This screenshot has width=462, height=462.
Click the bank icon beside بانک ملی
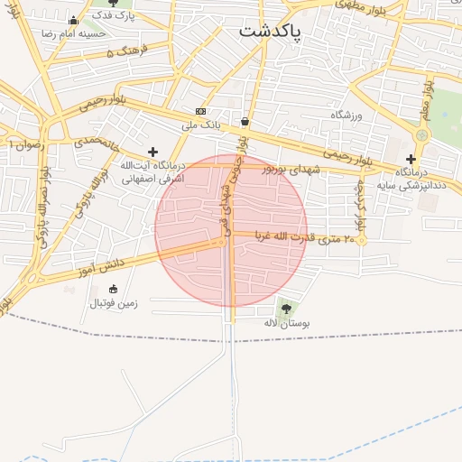point(200,111)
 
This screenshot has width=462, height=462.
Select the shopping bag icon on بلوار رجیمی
point(245,122)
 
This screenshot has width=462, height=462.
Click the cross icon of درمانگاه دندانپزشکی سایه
point(411,159)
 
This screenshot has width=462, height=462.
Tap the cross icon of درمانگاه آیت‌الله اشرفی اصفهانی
point(152,152)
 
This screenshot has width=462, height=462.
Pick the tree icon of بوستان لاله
point(286,309)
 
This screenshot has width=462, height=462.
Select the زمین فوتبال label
point(113,303)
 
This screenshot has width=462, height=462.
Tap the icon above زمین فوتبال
point(113,290)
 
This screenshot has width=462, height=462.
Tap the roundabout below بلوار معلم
point(422,134)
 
